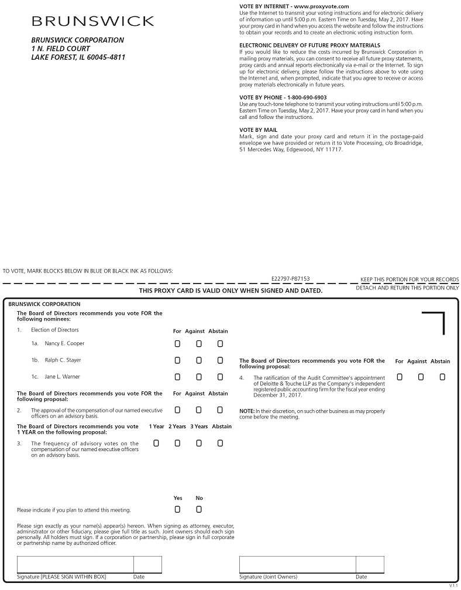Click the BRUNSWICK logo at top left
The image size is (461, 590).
pyautogui.click(x=92, y=22)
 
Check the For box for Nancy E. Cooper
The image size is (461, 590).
pyautogui.click(x=177, y=343)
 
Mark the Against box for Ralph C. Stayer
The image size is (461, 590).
pyautogui.click(x=199, y=360)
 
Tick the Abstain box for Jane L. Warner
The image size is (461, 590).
pyautogui.click(x=220, y=377)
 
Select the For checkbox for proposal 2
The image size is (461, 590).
pyautogui.click(x=177, y=410)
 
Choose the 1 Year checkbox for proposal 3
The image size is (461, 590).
pyautogui.click(x=156, y=444)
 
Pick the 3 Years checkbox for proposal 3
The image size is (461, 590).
pyautogui.click(x=199, y=444)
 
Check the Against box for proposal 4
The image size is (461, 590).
pyautogui.click(x=421, y=377)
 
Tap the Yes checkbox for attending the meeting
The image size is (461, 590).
pyautogui.click(x=177, y=509)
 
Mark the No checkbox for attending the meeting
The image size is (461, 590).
pyautogui.click(x=199, y=509)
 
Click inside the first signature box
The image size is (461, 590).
pyautogui.click(x=75, y=564)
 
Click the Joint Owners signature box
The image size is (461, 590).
pyautogui.click(x=297, y=564)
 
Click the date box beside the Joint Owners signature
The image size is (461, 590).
pyautogui.click(x=370, y=564)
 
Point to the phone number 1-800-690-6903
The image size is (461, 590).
pyautogui.click(x=307, y=97)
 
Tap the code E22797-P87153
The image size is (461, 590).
pyautogui.click(x=291, y=279)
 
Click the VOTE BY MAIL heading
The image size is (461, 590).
pyautogui.click(x=259, y=130)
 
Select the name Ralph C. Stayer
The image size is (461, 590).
pyautogui.click(x=63, y=360)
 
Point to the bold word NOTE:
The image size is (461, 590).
pyautogui.click(x=246, y=411)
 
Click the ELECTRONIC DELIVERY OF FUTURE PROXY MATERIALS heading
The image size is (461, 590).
pyautogui.click(x=309, y=45)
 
